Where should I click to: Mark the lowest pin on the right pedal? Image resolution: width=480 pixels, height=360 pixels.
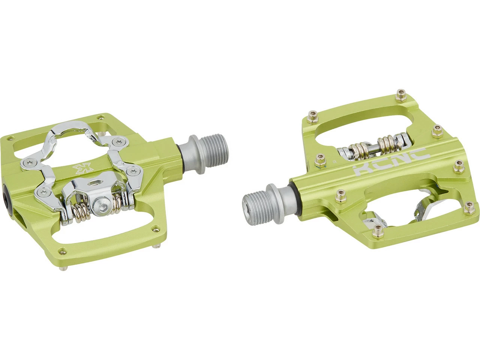point(378,231)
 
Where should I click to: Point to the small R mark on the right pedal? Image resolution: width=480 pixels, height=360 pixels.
point(334,162)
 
